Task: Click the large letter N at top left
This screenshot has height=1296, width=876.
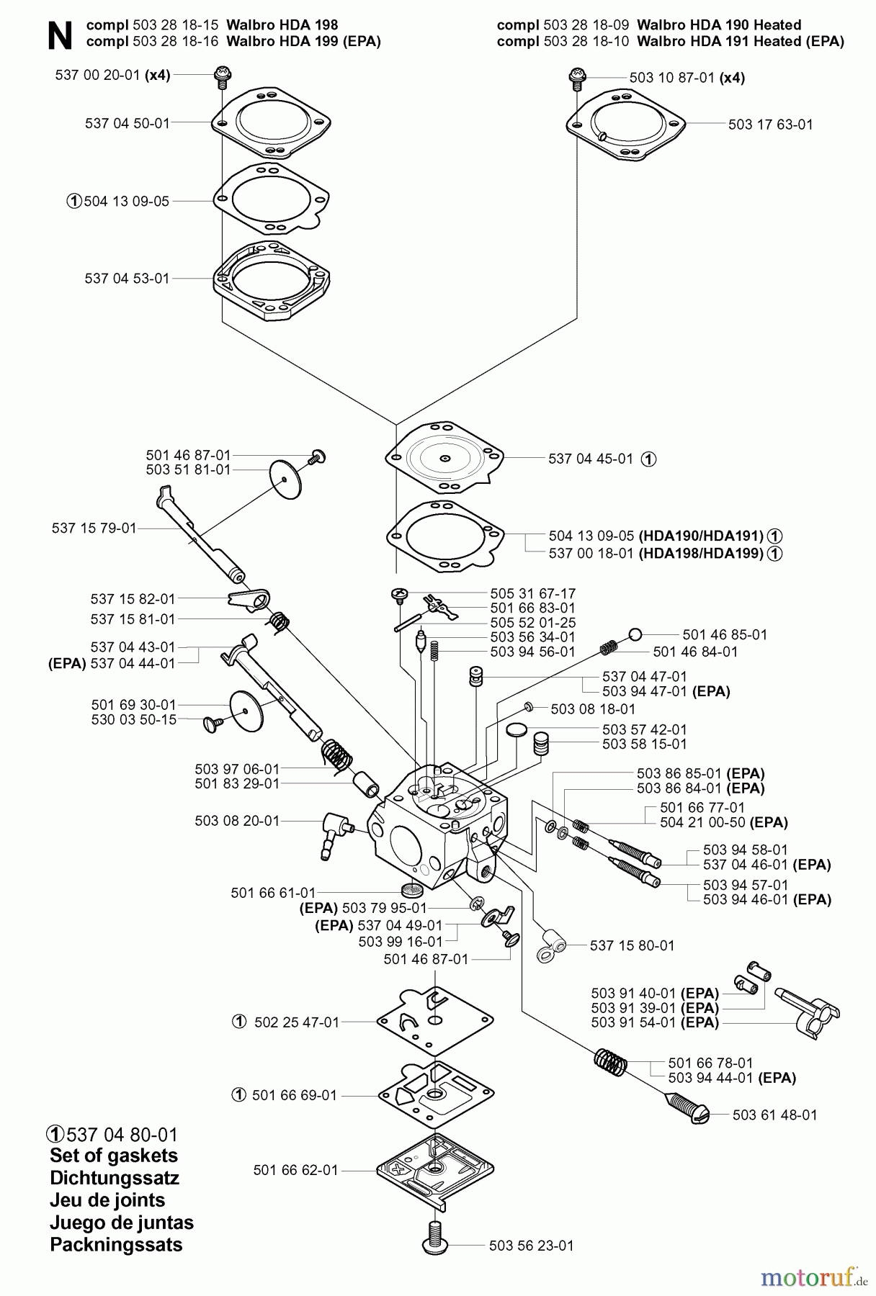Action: click(x=60, y=36)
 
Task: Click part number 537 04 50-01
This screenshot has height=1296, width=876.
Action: click(x=127, y=123)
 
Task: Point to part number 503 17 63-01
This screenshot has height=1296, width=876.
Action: click(x=770, y=125)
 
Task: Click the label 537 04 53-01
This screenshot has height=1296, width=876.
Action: click(x=127, y=279)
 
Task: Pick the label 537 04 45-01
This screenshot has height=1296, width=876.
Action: click(x=590, y=459)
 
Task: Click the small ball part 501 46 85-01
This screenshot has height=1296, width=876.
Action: click(x=635, y=634)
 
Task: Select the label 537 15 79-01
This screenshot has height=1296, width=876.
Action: click(x=94, y=528)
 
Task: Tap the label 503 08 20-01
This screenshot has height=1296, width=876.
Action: click(x=236, y=821)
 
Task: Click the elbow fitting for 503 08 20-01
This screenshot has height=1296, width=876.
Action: click(x=334, y=832)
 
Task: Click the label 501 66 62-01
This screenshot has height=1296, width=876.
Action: click(x=295, y=1171)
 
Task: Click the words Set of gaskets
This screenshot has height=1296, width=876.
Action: click(x=113, y=1156)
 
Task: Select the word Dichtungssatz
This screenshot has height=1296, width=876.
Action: click(x=114, y=1179)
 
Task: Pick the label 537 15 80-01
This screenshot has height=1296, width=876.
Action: click(x=632, y=946)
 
